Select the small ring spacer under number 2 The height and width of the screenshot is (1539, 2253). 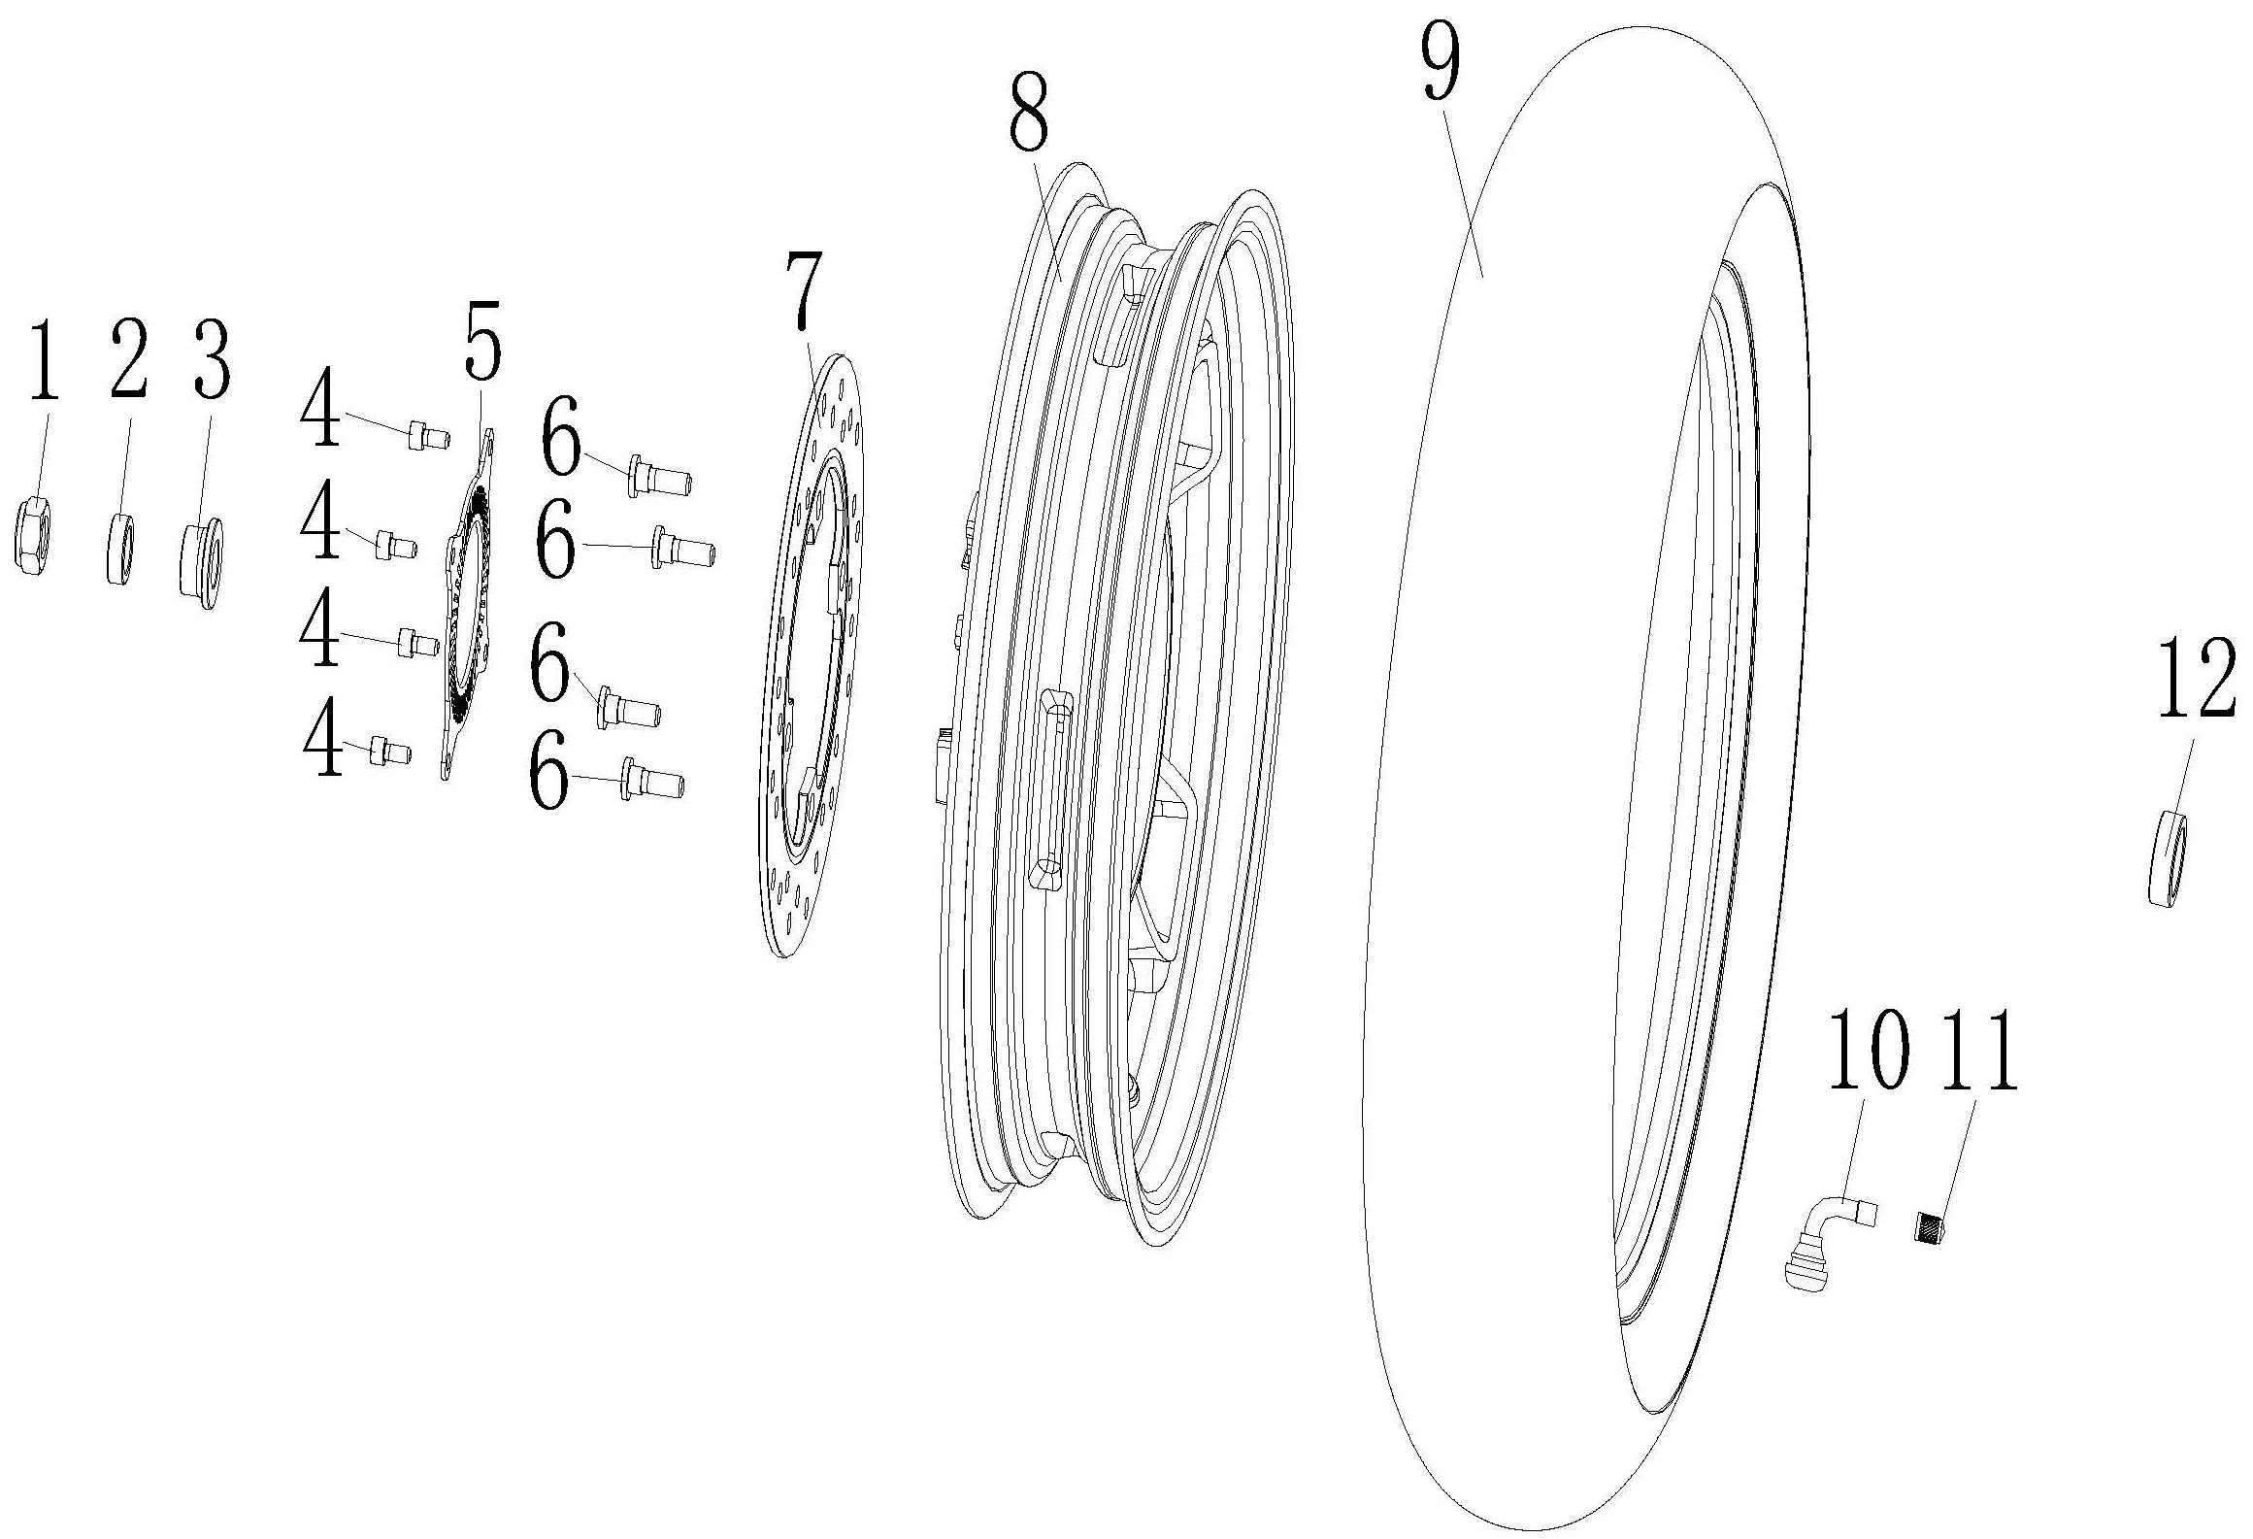[x=119, y=551]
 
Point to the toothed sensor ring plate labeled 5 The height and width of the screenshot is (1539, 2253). [x=469, y=602]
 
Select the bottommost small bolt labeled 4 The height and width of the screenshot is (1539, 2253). [x=390, y=751]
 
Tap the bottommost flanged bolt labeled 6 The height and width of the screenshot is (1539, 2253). [x=651, y=780]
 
